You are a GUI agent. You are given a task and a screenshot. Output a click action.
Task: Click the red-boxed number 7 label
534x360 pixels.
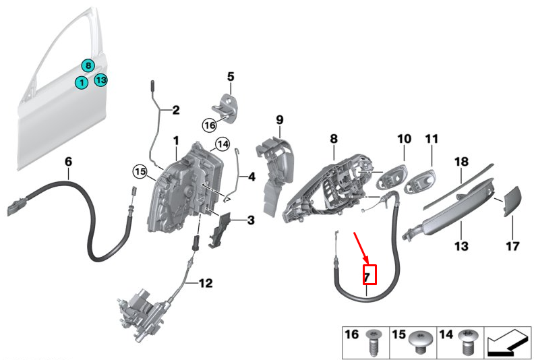pos(367,275)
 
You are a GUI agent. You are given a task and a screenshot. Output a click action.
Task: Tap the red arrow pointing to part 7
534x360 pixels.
pos(361,247)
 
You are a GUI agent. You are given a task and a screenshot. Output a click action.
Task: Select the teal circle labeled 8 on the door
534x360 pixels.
pos(88,65)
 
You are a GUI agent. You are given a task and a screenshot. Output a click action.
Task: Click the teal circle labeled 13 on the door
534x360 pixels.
pos(100,80)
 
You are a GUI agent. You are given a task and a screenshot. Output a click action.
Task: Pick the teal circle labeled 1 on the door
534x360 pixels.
pos(81,83)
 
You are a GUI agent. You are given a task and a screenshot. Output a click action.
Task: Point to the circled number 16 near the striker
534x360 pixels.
pos(209,125)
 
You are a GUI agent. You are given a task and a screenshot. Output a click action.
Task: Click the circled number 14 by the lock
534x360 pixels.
pos(222,144)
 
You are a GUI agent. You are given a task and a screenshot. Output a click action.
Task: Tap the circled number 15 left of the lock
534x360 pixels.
pos(140,171)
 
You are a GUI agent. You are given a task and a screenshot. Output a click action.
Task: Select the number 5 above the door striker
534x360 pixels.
pos(229,78)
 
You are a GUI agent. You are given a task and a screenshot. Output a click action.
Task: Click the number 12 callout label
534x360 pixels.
pos(206,283)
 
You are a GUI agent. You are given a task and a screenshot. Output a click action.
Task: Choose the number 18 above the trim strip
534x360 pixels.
pos(461,162)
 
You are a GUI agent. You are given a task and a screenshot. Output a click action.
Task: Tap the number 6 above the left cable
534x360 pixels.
pos(67,162)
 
